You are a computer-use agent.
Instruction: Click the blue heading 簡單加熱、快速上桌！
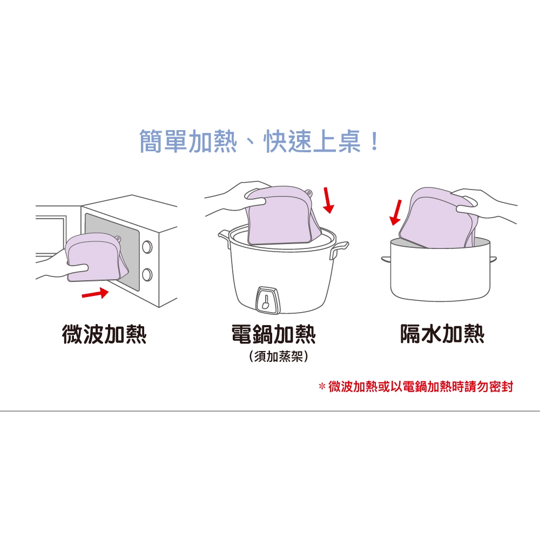pyautogui.click(x=259, y=141)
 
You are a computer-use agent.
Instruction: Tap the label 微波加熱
pyautogui.click(x=104, y=334)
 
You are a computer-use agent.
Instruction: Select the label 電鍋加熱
pyautogui.click(x=273, y=334)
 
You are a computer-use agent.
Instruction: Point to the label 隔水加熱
pyautogui.click(x=442, y=334)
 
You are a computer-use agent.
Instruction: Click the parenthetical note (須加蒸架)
pyautogui.click(x=278, y=356)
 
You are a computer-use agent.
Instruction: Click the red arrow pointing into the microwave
pyautogui.click(x=95, y=294)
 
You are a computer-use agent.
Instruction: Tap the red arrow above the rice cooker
pyautogui.click(x=328, y=200)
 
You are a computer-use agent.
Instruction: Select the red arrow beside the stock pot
pyautogui.click(x=395, y=212)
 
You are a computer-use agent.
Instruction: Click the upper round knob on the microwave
pyautogui.click(x=147, y=247)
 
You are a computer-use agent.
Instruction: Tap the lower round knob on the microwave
pyautogui.click(x=147, y=275)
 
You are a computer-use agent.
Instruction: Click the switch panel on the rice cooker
pyautogui.click(x=267, y=300)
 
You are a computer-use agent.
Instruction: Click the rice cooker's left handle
pyautogui.click(x=224, y=237)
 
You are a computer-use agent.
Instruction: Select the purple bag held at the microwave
pyautogui.click(x=97, y=257)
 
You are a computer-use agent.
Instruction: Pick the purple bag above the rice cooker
pyautogui.click(x=283, y=216)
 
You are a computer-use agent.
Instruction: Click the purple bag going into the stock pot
pyautogui.click(x=437, y=218)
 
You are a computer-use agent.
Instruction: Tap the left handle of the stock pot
pyautogui.click(x=386, y=259)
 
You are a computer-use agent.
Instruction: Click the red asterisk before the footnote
pyautogui.click(x=322, y=386)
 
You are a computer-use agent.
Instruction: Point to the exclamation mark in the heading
pyautogui.click(x=374, y=141)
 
